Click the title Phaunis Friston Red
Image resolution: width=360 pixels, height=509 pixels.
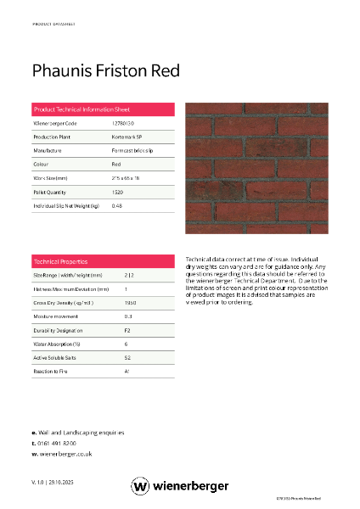(105, 70)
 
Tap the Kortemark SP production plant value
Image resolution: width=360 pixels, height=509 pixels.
(127, 137)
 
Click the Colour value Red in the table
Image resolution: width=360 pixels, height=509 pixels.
(116, 164)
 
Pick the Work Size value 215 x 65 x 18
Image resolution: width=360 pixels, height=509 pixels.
(128, 178)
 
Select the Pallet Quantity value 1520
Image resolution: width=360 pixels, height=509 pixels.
(117, 192)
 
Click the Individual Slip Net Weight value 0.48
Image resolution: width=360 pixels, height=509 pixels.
(117, 205)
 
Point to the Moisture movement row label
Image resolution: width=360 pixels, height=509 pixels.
(56, 316)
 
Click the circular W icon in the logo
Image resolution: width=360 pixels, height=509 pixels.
(141, 486)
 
